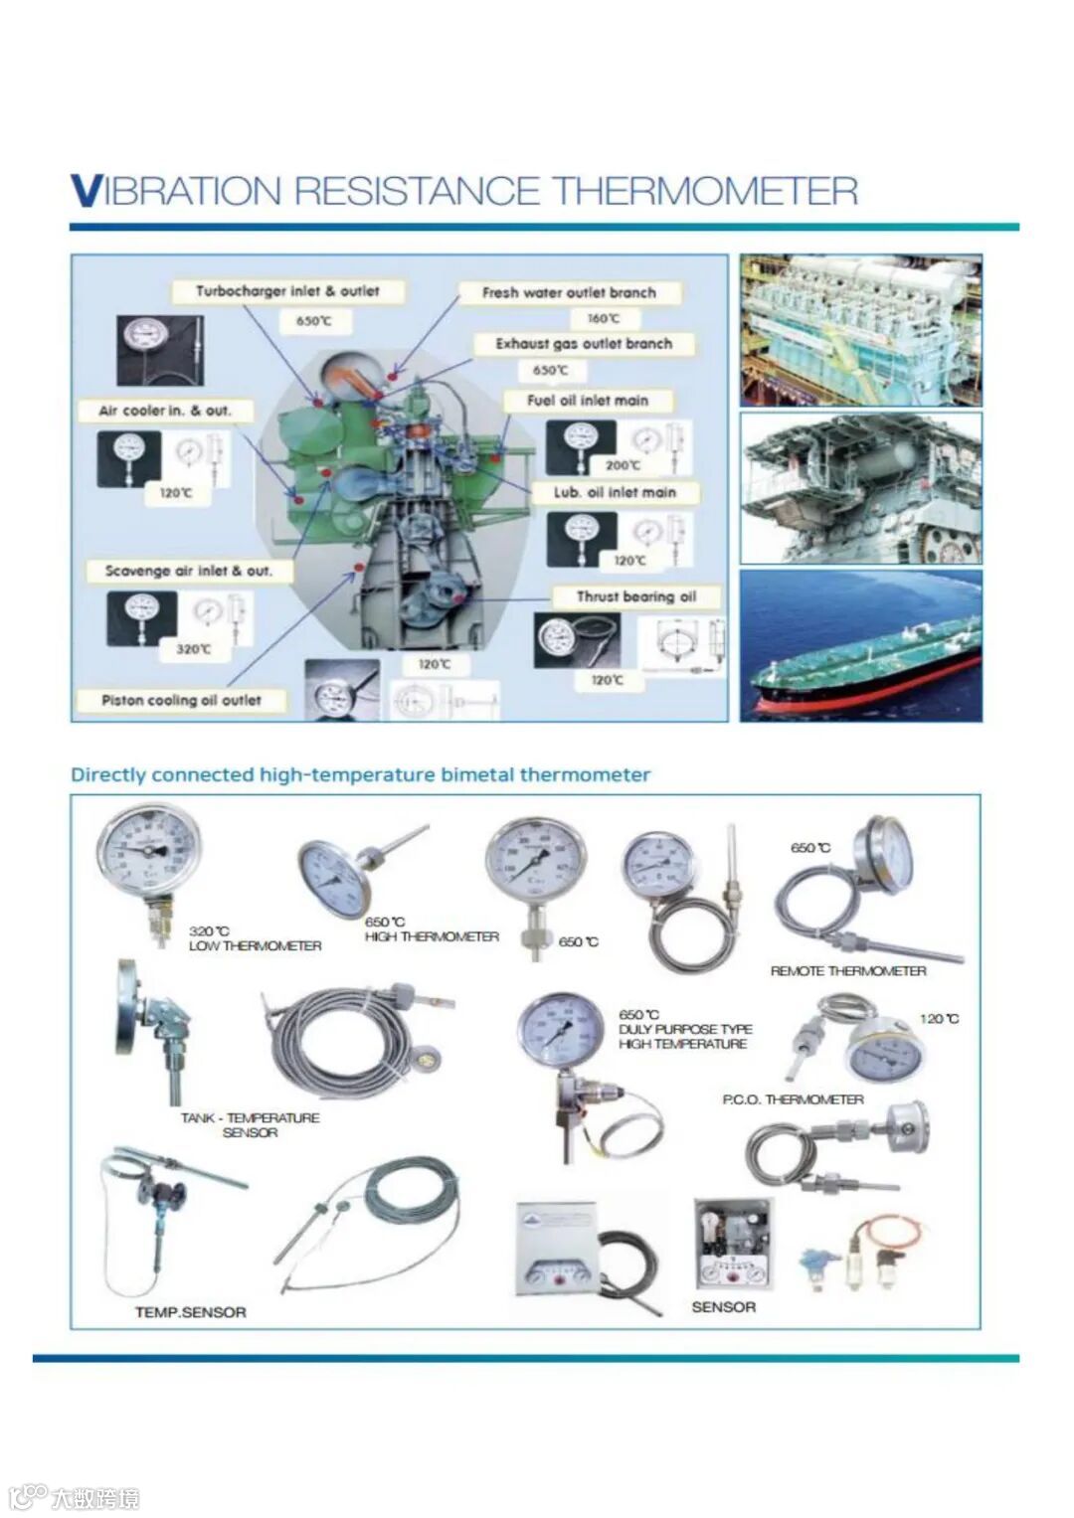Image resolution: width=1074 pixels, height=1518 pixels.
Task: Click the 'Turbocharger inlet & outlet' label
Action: coord(287,291)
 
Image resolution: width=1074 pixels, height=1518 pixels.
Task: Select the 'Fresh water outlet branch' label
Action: coord(569,293)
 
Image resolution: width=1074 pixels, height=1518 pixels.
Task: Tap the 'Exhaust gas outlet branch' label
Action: coord(584,344)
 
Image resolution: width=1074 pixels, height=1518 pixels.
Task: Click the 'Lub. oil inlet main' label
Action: coord(615,492)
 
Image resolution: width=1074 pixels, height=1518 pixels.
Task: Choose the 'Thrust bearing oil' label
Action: coord(636,596)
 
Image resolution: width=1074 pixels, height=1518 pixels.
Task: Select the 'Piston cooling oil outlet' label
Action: coord(181,700)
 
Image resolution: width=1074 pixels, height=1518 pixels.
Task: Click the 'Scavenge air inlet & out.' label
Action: coord(188,571)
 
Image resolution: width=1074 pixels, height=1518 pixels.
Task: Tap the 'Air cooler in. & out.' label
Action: coord(164,411)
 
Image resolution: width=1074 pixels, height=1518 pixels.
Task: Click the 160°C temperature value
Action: coord(603,319)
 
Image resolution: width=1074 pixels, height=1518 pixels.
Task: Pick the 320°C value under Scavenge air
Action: coord(193,649)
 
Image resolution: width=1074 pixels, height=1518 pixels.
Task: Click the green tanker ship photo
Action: coord(860,646)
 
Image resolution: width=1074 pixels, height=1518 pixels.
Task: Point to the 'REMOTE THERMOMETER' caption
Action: coord(848,971)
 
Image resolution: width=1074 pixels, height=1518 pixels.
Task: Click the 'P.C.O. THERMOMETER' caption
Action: coord(793,1099)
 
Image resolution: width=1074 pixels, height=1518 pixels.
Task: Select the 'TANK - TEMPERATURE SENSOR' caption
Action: coord(250,1125)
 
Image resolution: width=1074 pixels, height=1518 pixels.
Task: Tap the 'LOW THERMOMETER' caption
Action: coord(256,946)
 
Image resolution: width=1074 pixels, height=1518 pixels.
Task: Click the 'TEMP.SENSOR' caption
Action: coord(191,1312)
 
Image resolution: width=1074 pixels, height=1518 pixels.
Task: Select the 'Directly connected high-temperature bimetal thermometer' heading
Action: coord(360,775)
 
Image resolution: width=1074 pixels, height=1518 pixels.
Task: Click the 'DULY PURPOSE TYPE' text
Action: coord(685,1029)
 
